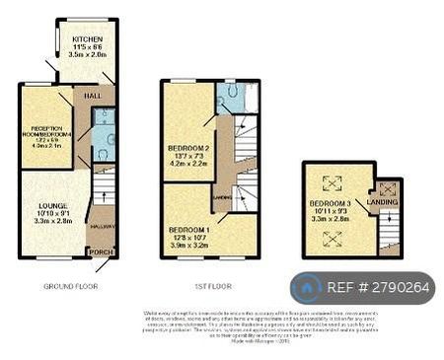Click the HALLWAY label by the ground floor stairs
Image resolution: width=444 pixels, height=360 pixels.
[103, 226]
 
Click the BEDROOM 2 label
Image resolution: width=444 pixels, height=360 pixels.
[186, 148]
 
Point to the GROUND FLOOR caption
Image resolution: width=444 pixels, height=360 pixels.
[69, 286]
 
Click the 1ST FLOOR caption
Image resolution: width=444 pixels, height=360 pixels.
[212, 286]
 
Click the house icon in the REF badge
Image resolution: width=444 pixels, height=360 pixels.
[306, 287]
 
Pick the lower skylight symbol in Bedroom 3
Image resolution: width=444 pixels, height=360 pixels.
[332, 236]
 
